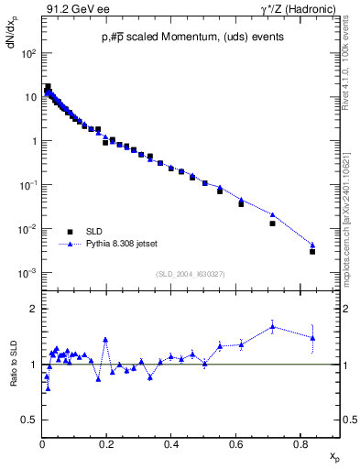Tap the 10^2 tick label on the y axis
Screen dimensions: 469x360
tap(29, 53)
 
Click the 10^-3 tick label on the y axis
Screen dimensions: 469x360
tap(29, 273)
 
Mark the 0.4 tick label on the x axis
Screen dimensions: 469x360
tap(171, 444)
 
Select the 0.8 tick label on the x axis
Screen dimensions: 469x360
tap(300, 444)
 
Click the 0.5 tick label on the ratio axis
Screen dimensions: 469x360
tap(29, 420)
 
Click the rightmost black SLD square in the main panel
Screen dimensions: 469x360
tap(312, 251)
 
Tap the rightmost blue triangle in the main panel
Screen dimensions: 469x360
tap(312, 245)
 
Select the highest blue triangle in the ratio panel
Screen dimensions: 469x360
tap(272, 325)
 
